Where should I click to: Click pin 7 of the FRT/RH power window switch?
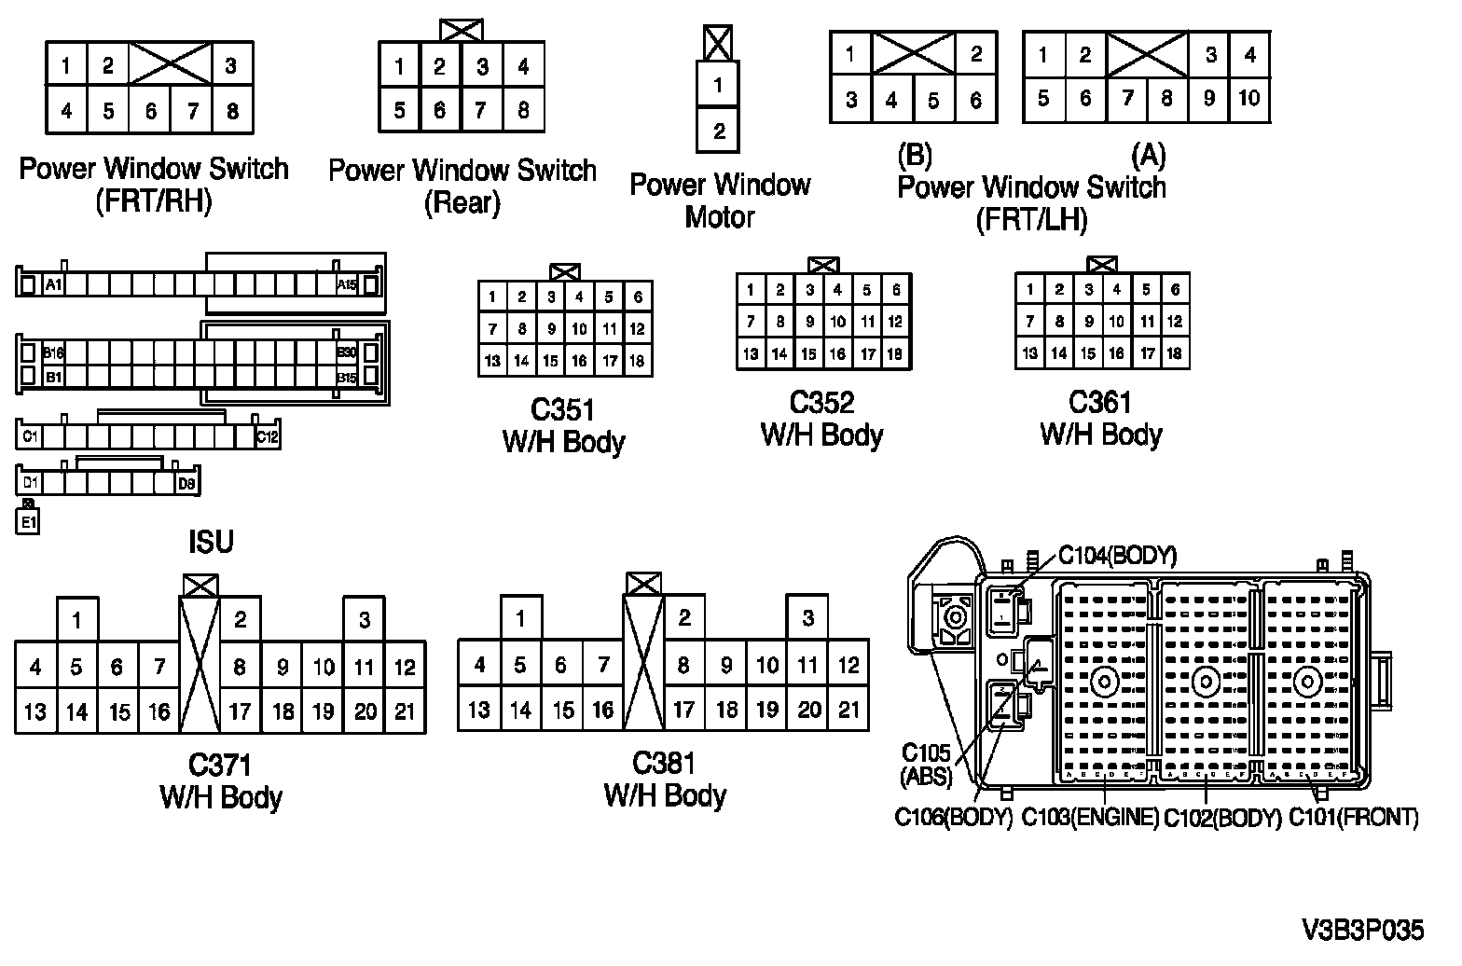point(193,112)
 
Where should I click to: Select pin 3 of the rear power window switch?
point(482,67)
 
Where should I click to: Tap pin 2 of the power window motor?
point(718,131)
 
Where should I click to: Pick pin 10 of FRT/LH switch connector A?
point(1249,98)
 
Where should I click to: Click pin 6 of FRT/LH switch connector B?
point(975,101)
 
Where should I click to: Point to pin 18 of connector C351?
point(637,361)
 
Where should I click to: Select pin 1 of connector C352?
point(751,290)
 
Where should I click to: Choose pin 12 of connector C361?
point(1175,322)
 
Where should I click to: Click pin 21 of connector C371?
point(405,711)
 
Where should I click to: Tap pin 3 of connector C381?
point(808,618)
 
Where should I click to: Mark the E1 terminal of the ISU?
point(29,522)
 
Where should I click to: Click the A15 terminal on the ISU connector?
point(347,284)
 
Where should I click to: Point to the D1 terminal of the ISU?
point(31,483)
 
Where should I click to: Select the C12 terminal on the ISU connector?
point(267,435)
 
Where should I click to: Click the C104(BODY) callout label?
point(1117,557)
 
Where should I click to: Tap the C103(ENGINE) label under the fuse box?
point(1090,818)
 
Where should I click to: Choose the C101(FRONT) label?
point(1354,818)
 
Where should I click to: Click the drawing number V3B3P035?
point(1363,931)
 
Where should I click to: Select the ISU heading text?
point(211,542)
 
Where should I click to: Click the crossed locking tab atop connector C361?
point(1102,265)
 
